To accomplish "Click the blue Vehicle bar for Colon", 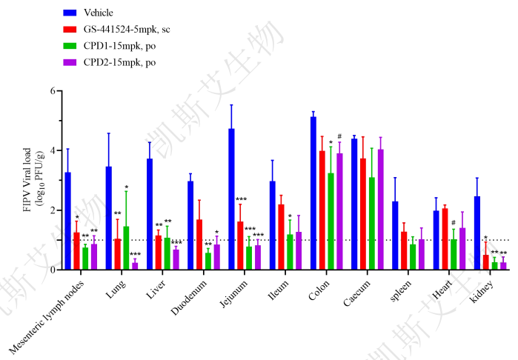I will (x=313, y=193).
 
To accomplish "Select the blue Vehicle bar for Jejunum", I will (x=231, y=199).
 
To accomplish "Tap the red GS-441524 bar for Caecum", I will (x=362, y=214).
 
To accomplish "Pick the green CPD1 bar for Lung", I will (x=126, y=248).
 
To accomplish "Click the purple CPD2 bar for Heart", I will (x=462, y=249).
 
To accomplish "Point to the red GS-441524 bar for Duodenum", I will (x=199, y=244).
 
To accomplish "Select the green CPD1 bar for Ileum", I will (x=290, y=252).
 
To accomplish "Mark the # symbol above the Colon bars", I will (x=339, y=136).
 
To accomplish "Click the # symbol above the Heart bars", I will (x=453, y=222).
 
